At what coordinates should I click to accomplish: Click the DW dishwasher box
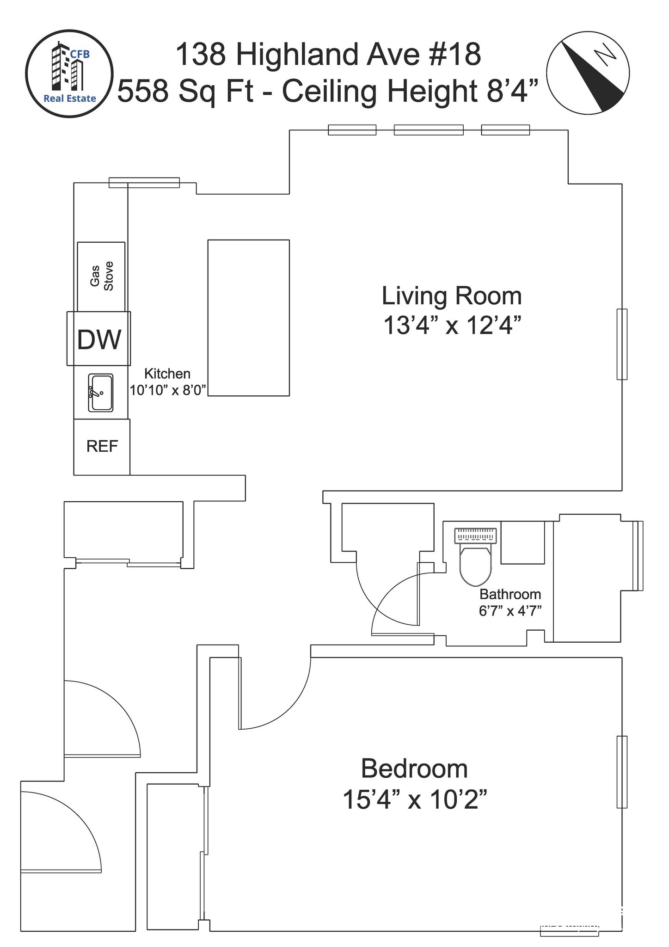[99, 338]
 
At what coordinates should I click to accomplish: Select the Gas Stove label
[102, 276]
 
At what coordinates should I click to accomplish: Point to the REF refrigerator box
[102, 447]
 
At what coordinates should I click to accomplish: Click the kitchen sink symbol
[101, 393]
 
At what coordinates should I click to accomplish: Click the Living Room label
[452, 296]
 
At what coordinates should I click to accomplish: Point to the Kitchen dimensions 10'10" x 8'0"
[167, 390]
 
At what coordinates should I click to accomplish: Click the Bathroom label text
[510, 594]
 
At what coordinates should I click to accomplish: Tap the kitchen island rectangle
[249, 318]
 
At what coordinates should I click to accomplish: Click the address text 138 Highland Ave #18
[328, 54]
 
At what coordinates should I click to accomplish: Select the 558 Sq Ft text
[186, 92]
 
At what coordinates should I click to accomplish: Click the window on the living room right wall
[622, 344]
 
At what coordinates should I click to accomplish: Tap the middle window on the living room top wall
[429, 130]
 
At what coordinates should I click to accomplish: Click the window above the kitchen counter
[144, 183]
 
